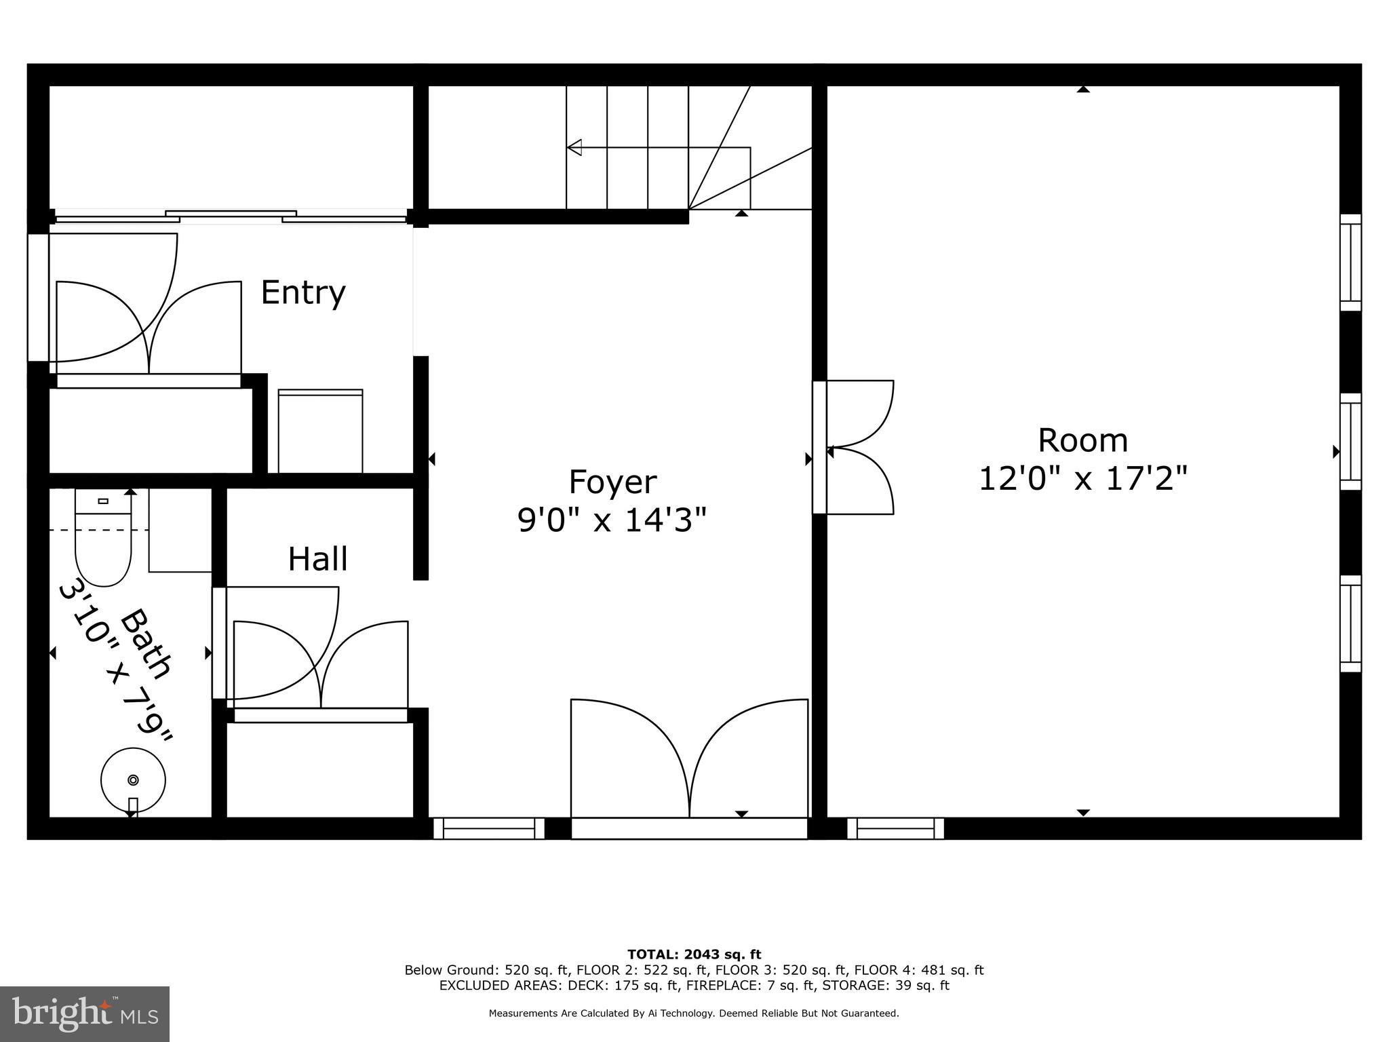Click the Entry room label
coord(302,293)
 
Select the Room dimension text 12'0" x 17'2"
coord(1082,479)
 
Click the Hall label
coord(317,560)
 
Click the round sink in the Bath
coord(133,779)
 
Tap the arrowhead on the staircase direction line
coord(574,147)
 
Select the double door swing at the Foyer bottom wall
coord(689,760)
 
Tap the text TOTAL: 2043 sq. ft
coord(694,954)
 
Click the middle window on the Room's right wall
coord(1350,442)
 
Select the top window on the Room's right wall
coord(1350,263)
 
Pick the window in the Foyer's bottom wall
coord(488,828)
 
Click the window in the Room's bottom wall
coord(895,828)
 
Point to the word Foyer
coord(612,482)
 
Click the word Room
coord(1082,441)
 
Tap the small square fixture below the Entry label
coord(320,431)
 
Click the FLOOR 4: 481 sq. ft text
coord(918,970)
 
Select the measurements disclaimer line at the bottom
coord(694,1014)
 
